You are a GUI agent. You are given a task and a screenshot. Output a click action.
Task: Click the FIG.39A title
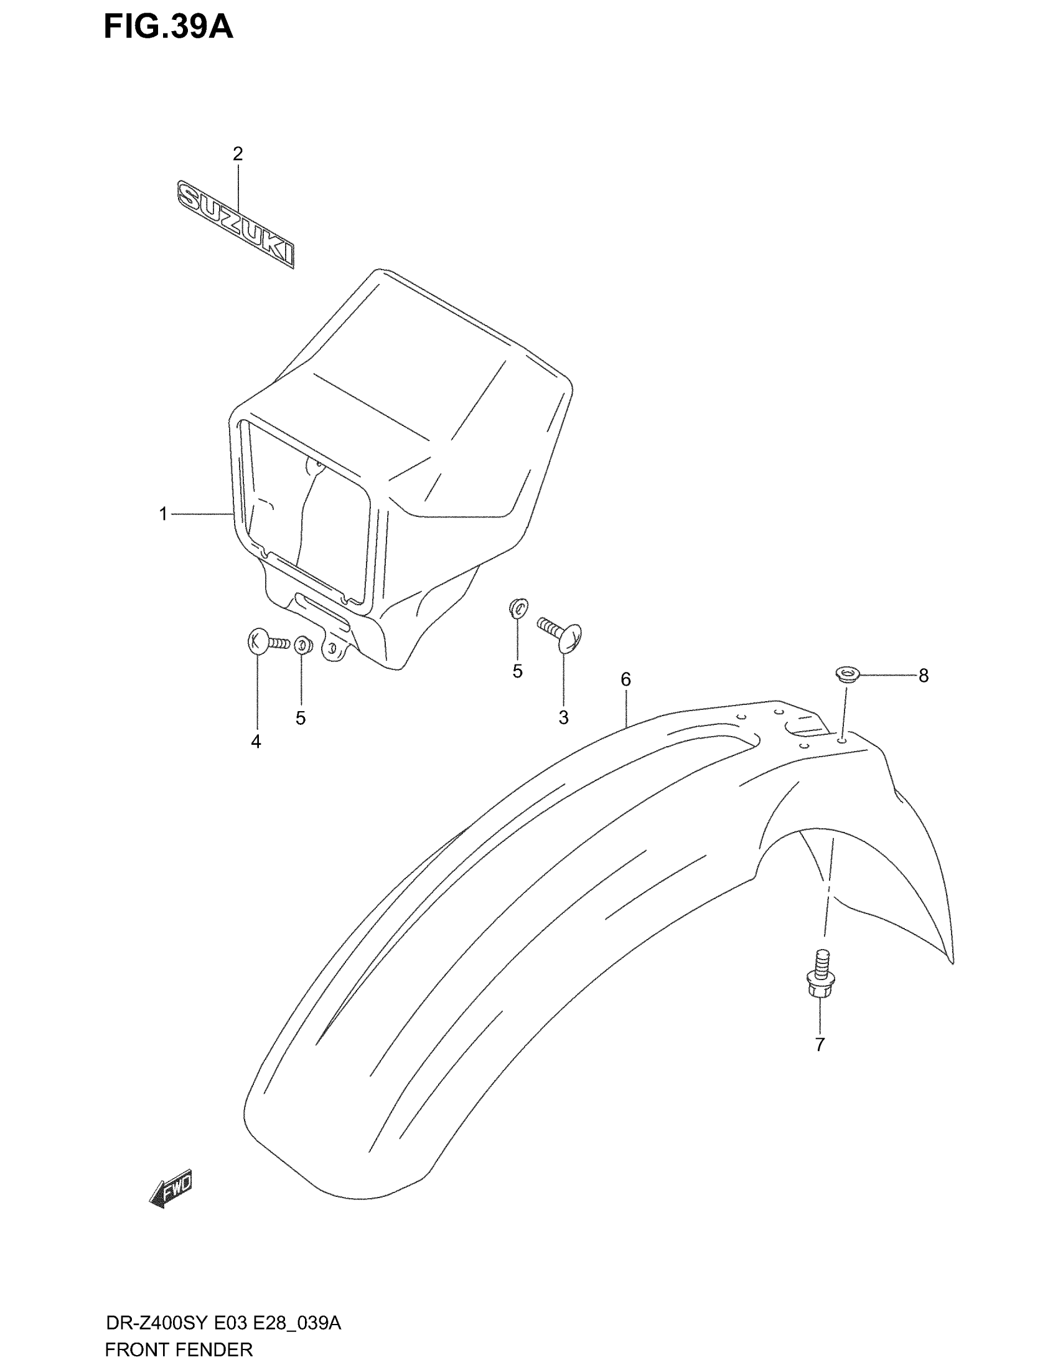click(168, 26)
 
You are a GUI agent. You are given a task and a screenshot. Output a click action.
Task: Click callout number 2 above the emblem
click(238, 154)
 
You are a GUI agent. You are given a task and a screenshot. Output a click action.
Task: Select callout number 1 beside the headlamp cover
click(164, 514)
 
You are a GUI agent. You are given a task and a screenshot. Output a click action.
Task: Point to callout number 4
click(256, 742)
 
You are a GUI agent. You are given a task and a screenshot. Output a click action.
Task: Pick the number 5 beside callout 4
click(301, 718)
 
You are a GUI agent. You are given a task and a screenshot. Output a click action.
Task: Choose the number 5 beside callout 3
click(517, 671)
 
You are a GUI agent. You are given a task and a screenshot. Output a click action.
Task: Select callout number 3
click(563, 717)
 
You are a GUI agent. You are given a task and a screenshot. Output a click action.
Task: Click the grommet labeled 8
click(847, 676)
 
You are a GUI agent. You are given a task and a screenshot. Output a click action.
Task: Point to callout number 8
click(923, 676)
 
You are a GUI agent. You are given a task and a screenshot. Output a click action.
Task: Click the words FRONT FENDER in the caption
click(179, 1349)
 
